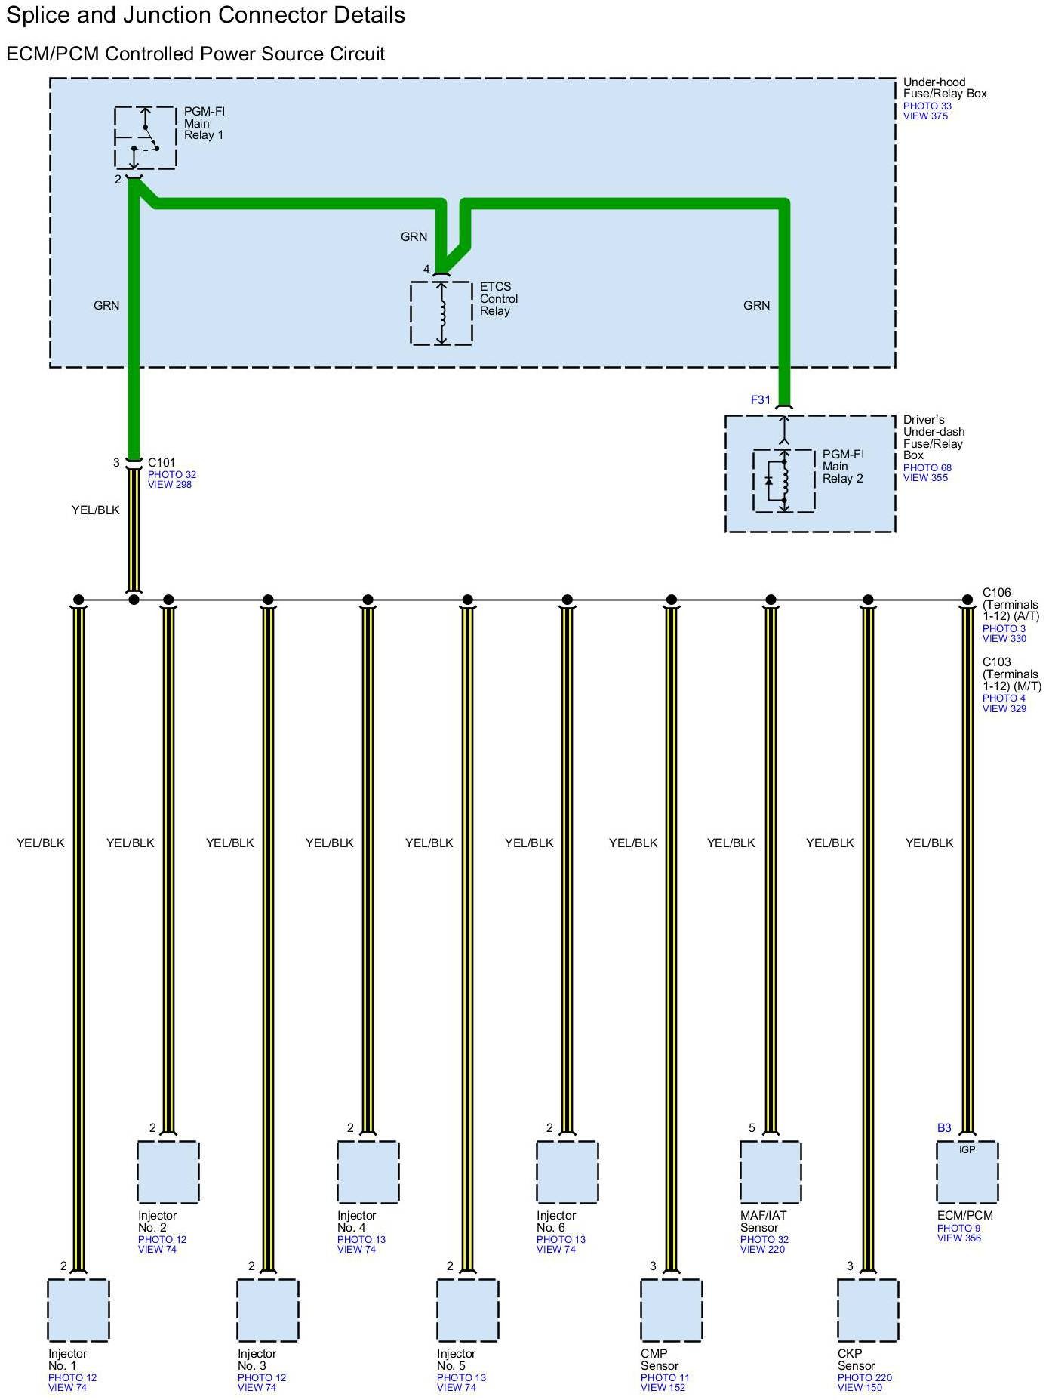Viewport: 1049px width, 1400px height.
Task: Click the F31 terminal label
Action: tap(760, 400)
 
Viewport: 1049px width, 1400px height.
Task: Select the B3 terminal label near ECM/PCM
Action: tap(944, 1128)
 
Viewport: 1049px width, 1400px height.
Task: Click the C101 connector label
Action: tap(162, 463)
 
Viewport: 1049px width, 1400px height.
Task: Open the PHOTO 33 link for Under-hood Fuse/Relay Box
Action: tap(927, 106)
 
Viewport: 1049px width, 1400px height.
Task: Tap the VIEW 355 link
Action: tap(925, 478)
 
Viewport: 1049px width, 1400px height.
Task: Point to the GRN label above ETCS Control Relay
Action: tap(414, 237)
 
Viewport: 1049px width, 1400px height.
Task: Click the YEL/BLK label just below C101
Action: tap(96, 510)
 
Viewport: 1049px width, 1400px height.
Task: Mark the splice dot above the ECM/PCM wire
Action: tap(967, 600)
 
